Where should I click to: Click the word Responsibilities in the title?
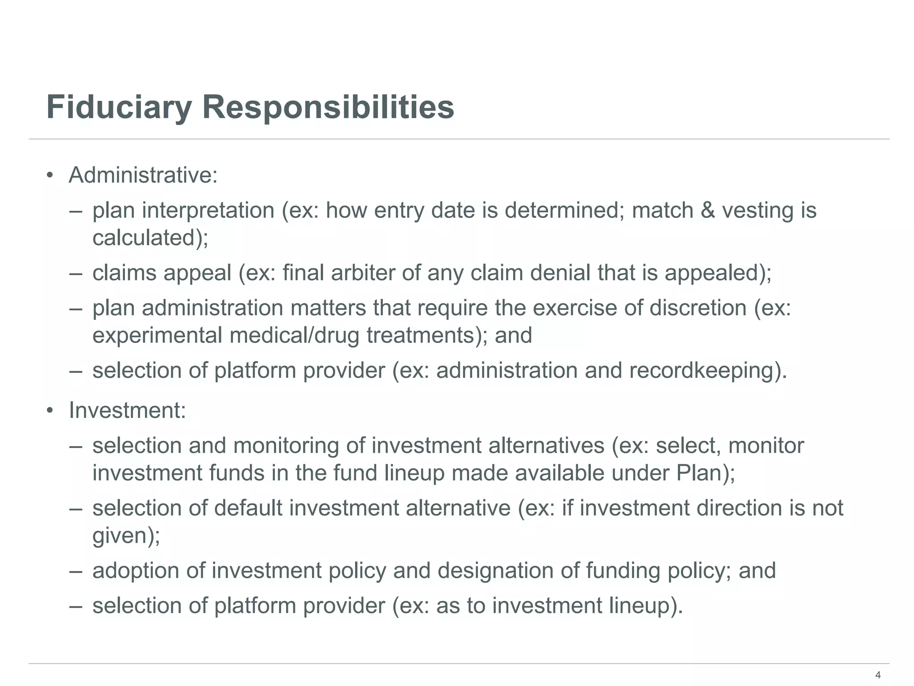328,108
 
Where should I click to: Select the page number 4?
878,675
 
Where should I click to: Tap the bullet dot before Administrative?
50,176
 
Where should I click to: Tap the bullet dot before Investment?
50,410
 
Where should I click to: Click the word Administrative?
143,175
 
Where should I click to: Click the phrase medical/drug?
294,335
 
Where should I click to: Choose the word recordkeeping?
701,371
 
